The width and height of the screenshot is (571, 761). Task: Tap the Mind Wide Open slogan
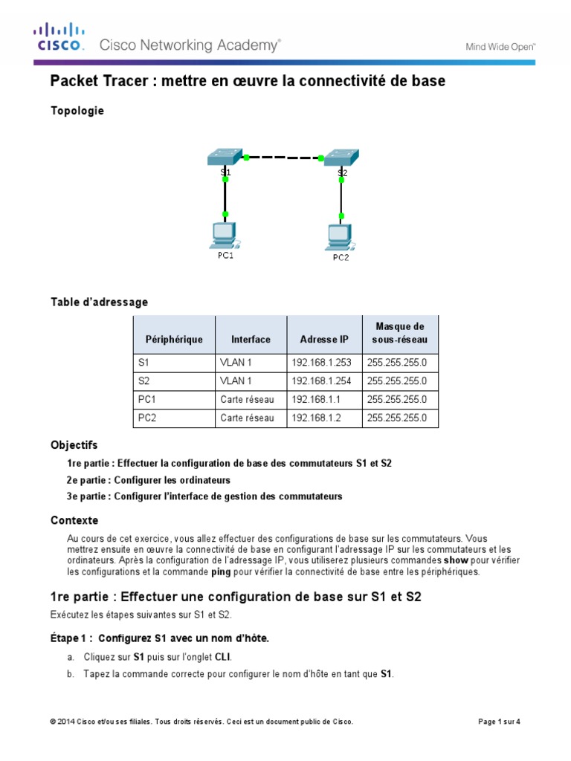500,46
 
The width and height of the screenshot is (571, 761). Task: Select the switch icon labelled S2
341,158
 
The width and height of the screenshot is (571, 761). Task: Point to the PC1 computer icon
224,235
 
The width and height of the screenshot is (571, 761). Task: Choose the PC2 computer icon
341,237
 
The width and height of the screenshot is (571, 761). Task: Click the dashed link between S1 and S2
283,158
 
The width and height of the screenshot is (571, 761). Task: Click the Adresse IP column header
323,340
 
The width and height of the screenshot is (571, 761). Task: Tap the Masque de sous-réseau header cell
400,333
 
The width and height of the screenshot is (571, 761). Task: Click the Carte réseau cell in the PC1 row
247,399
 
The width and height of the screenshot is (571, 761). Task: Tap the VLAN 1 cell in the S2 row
237,380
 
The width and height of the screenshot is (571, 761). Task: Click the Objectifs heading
74,445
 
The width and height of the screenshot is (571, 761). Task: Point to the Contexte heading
74,520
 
